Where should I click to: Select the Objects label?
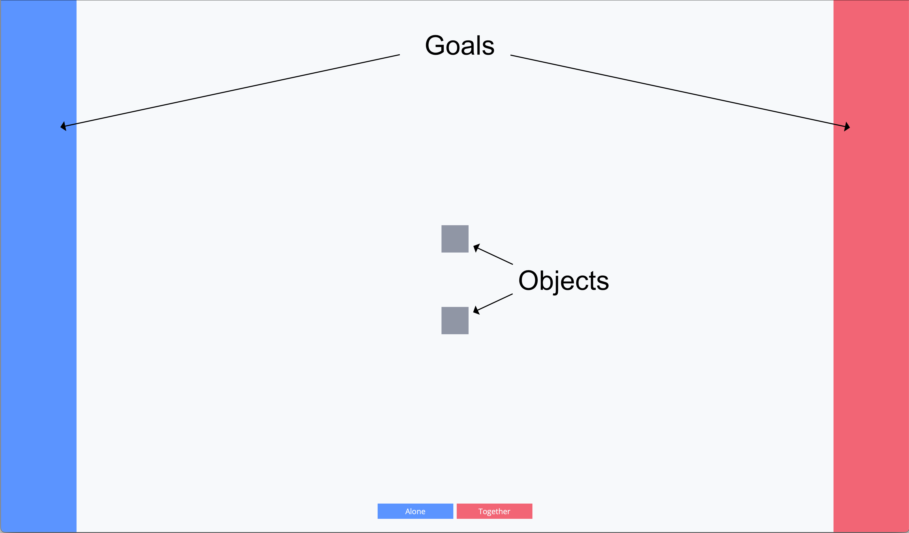coord(563,281)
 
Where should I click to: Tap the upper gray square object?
coord(455,239)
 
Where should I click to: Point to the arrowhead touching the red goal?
coord(847,127)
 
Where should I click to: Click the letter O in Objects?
coord(529,281)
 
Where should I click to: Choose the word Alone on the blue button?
coord(415,511)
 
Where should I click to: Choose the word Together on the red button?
coord(494,511)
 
